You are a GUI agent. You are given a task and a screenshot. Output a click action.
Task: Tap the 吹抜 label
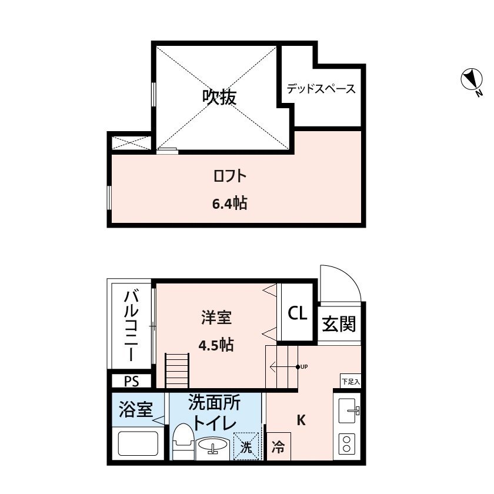coord(220,97)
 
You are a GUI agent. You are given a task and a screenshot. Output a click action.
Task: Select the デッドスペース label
coord(321,89)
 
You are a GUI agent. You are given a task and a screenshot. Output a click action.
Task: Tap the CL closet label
coord(298,313)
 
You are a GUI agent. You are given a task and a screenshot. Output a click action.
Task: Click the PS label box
coord(131,381)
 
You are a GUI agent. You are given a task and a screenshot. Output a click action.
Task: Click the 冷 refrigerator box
coord(278,447)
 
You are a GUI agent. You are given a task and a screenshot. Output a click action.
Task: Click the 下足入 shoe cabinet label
coord(350,381)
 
